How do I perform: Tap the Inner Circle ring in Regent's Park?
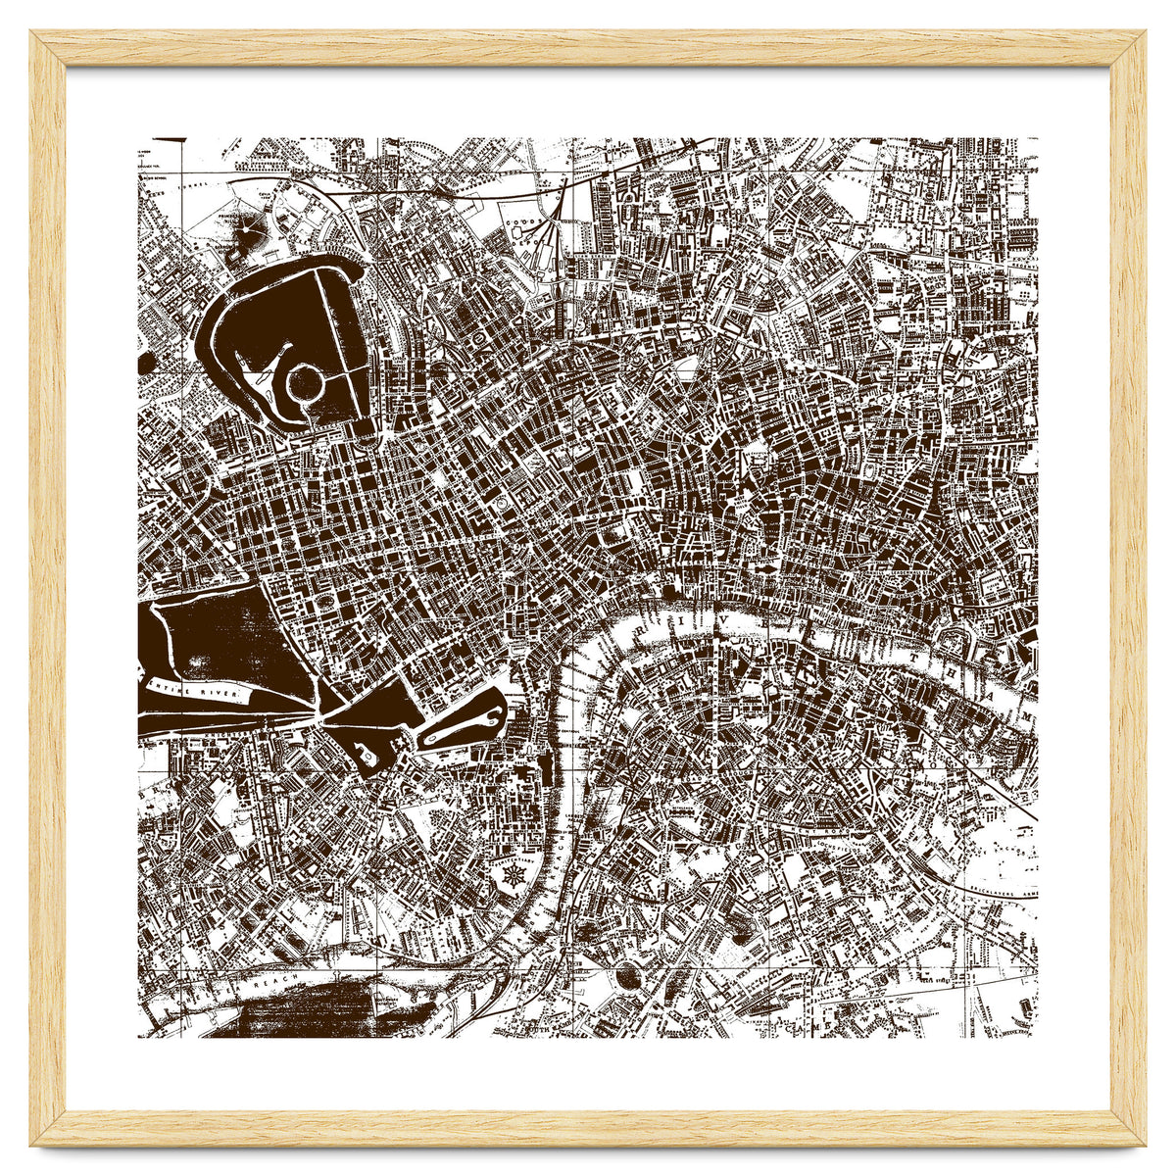pos(306,379)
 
